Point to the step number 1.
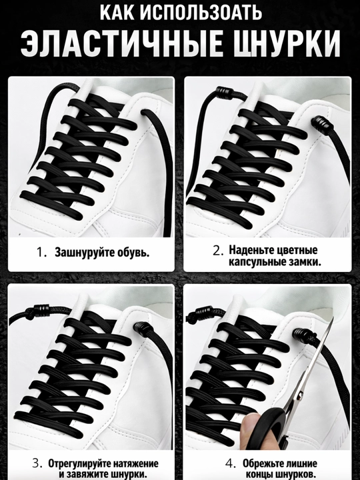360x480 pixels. pos(41,252)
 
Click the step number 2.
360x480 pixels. pos(218,251)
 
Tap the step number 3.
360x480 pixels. pos(37,463)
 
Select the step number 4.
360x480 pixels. pos(230,463)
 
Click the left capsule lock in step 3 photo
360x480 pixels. pos(41,310)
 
